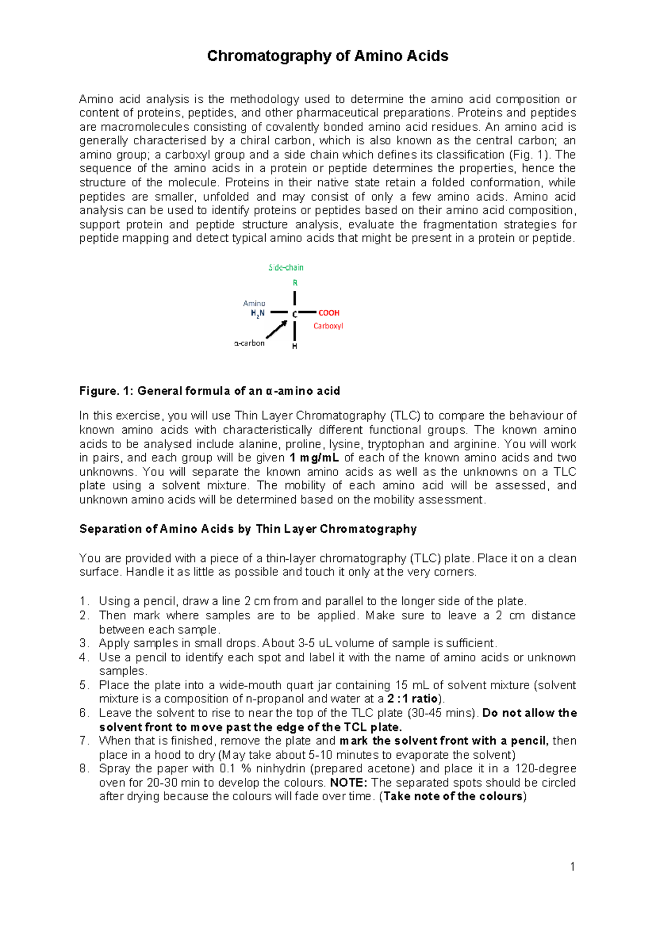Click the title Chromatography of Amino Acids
[x=327, y=56]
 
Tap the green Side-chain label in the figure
[x=286, y=267]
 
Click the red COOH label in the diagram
[x=329, y=313]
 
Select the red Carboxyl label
[x=328, y=326]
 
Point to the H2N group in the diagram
[x=257, y=313]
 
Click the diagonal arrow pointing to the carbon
[x=277, y=330]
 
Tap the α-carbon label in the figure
[x=249, y=343]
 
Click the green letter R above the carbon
[x=295, y=283]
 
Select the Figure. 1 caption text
[x=209, y=391]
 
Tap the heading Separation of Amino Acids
[x=248, y=529]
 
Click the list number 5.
[x=84, y=685]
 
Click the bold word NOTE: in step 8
[x=349, y=783]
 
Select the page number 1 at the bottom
[x=572, y=866]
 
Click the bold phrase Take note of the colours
[x=453, y=796]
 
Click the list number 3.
[x=84, y=643]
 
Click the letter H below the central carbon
[x=295, y=347]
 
